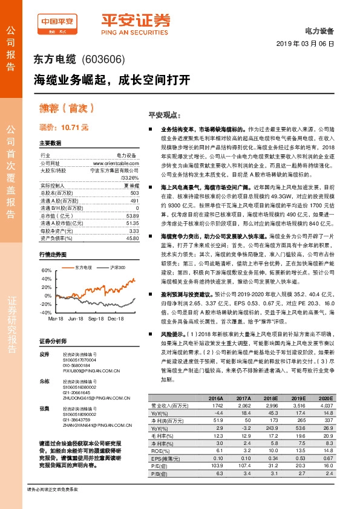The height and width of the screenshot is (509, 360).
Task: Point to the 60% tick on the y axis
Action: (x=46, y=270)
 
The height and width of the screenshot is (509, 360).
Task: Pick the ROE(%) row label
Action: (x=159, y=450)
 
